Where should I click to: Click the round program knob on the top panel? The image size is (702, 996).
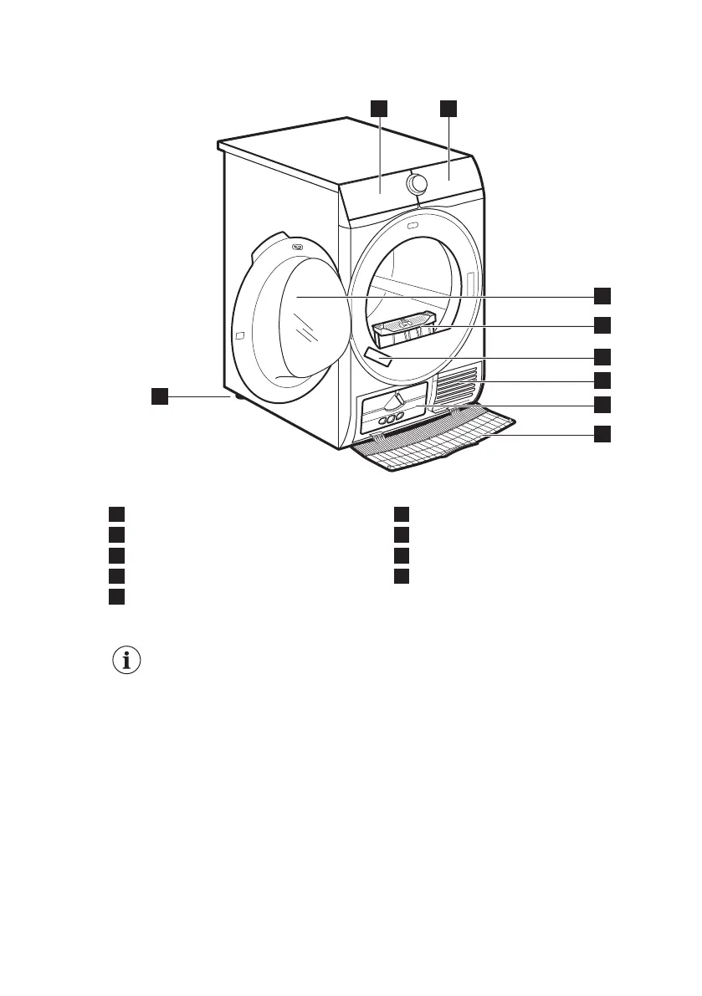[x=415, y=183]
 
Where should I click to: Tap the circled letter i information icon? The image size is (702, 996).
[x=126, y=661]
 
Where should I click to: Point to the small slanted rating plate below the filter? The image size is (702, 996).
[x=379, y=358]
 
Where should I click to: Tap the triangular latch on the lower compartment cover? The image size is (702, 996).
[x=400, y=399]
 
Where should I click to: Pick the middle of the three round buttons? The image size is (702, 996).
[x=391, y=418]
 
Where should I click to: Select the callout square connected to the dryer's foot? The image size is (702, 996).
[x=160, y=396]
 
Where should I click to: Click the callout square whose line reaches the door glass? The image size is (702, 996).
[x=602, y=295]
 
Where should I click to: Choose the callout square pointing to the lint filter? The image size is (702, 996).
[x=602, y=324]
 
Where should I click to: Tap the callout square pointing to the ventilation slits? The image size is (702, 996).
[x=602, y=381]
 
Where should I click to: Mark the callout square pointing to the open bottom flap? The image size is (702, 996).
[x=602, y=434]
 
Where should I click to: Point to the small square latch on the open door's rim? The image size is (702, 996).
[x=240, y=335]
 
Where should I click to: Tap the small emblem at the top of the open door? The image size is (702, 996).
[x=297, y=246]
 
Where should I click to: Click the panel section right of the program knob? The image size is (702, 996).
[x=452, y=176]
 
